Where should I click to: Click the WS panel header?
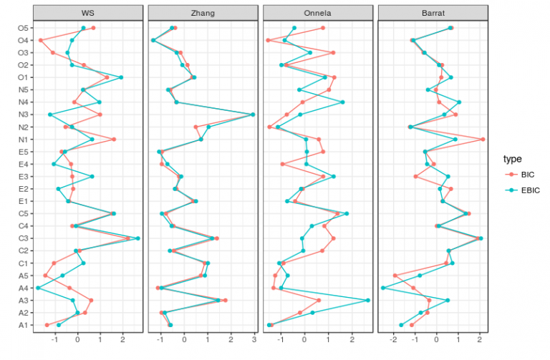pyautogui.click(x=87, y=13)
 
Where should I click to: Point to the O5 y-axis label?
pyautogui.click(x=22, y=28)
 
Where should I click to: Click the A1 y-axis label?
pyautogui.click(x=22, y=325)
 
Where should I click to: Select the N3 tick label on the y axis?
pyautogui.click(x=22, y=115)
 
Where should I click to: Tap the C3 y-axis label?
pyautogui.click(x=22, y=238)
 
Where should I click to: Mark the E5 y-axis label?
pyautogui.click(x=22, y=152)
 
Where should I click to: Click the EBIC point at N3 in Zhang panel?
pyautogui.click(x=253, y=115)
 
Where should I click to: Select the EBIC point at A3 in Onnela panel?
pyautogui.click(x=368, y=301)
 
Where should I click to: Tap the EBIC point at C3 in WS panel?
pyautogui.click(x=137, y=238)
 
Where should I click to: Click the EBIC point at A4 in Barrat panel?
pyautogui.click(x=384, y=288)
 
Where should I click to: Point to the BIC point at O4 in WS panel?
pyautogui.click(x=41, y=40)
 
